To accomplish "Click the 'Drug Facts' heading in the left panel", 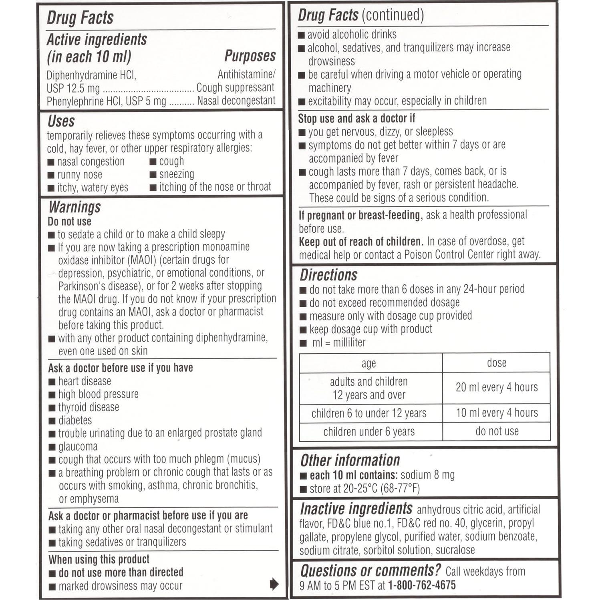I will coord(80,18).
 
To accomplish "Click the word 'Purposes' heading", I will coord(250,56).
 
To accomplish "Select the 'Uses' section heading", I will coord(61,121).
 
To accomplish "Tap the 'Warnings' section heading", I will coord(74,207).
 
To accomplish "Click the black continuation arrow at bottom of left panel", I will coord(274,584).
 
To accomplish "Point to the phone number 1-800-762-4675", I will coord(422,585).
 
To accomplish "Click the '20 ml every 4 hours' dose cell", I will coord(497,387).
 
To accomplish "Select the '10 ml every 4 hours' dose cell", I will coord(497,413).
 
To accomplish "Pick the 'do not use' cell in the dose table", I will coord(497,431).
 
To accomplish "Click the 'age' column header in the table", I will coord(368,363).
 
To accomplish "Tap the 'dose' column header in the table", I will coord(497,363).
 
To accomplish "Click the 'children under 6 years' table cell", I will coord(369,432).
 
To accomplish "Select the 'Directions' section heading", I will coord(328,275).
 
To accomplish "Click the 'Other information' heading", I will coord(350,460).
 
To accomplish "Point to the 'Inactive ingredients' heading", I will coord(356,509).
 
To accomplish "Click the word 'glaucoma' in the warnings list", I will coord(78,447).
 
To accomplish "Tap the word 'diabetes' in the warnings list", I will coord(75,420).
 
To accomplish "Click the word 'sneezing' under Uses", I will coord(177,174).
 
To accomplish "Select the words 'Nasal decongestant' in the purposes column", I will coord(236,101).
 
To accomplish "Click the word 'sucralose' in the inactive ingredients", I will coord(455,550).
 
